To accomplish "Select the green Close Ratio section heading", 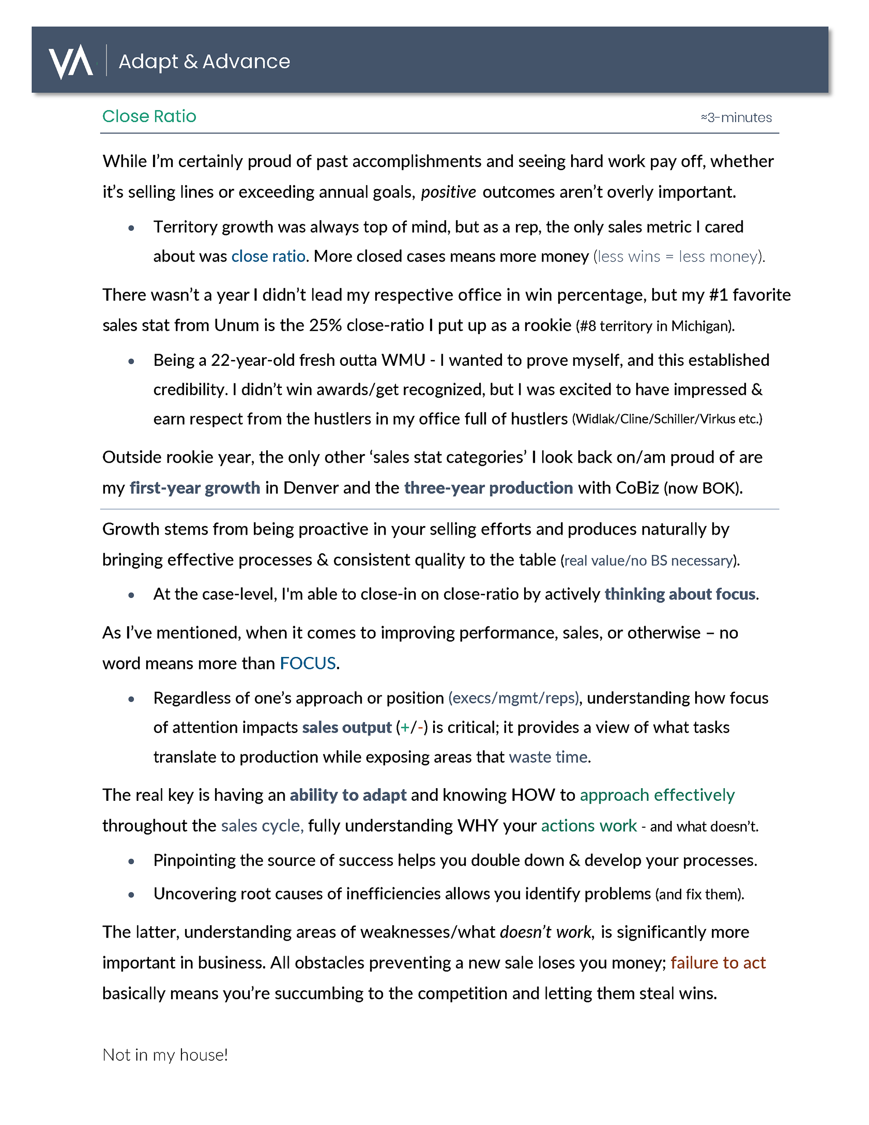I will pyautogui.click(x=149, y=116).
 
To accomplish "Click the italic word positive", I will pyautogui.click(x=448, y=192).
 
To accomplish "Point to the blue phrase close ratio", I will pyautogui.click(x=268, y=257).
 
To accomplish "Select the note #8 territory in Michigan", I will pyautogui.click(x=655, y=326).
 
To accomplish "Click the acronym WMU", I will pyautogui.click(x=403, y=360).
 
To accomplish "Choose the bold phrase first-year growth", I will pyautogui.click(x=195, y=488).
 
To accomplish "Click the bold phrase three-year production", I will pyautogui.click(x=488, y=488).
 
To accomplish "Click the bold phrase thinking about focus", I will pyautogui.click(x=680, y=594).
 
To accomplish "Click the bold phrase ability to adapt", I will pyautogui.click(x=348, y=795).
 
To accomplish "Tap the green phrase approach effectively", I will pyautogui.click(x=657, y=795).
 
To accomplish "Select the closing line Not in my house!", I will pyautogui.click(x=165, y=1055).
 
